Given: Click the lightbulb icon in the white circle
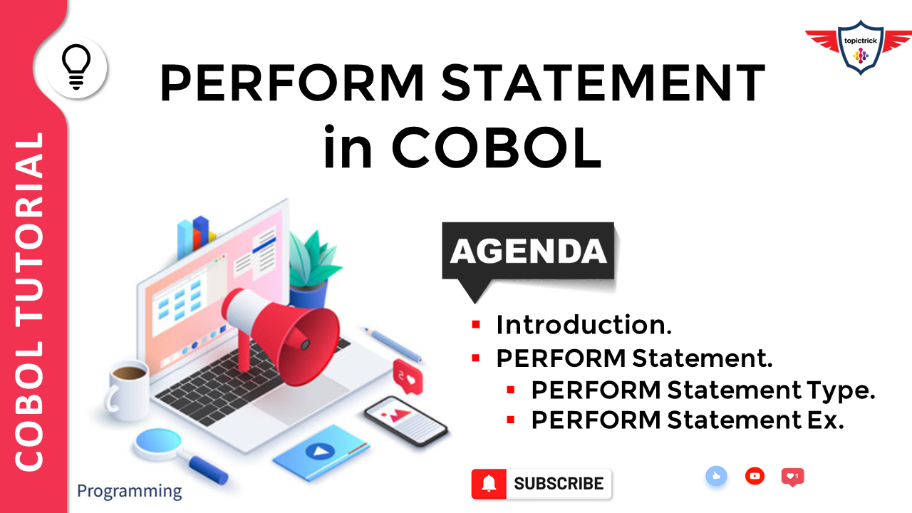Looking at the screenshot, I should pyautogui.click(x=77, y=67).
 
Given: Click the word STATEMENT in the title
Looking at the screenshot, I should pyautogui.click(x=602, y=84).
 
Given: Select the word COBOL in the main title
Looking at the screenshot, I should pyautogui.click(x=496, y=148).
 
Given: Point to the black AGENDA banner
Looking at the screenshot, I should pyautogui.click(x=528, y=252).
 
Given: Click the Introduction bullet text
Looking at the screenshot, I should pyautogui.click(x=584, y=325).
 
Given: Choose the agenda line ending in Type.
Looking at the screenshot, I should pyautogui.click(x=703, y=390).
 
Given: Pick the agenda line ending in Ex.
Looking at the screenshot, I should pyautogui.click(x=687, y=420).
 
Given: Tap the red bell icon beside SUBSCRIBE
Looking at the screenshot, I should pyautogui.click(x=489, y=484).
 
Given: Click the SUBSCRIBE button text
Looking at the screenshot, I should pyautogui.click(x=559, y=484).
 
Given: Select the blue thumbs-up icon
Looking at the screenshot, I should pyautogui.click(x=716, y=477).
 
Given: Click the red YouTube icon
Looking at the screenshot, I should pyautogui.click(x=755, y=476).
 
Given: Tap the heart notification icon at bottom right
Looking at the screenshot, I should pyautogui.click(x=792, y=476).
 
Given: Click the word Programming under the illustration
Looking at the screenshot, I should pyautogui.click(x=129, y=491).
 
